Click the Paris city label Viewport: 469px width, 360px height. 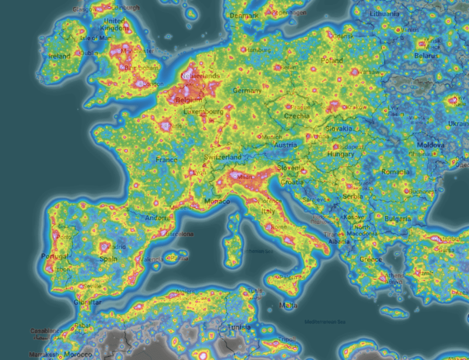[x=176, y=126]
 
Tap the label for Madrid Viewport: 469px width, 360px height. [x=117, y=246]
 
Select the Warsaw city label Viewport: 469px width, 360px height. [x=370, y=72]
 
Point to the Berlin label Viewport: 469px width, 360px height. [x=289, y=68]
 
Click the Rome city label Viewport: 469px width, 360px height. [x=278, y=227]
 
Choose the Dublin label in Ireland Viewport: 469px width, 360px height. [x=89, y=53]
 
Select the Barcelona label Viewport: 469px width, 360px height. [x=180, y=234]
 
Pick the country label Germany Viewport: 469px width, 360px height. [x=247, y=91]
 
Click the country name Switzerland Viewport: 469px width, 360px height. [x=222, y=157]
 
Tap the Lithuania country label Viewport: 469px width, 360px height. [x=384, y=14]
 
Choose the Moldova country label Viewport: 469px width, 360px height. [x=430, y=145]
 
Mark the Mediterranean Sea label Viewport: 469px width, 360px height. [x=324, y=321]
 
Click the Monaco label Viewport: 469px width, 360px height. [x=217, y=201]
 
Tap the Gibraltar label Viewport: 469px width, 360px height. [x=87, y=302]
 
